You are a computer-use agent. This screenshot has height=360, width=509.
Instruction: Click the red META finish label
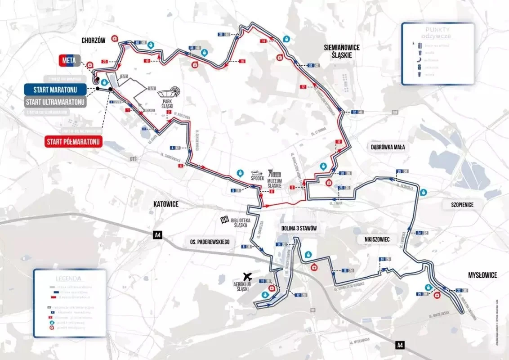[69, 60]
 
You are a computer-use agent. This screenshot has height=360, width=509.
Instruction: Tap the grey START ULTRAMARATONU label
[56, 102]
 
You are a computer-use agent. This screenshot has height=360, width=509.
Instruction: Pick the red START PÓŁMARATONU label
[74, 142]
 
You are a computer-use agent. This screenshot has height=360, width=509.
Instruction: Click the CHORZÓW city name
[94, 40]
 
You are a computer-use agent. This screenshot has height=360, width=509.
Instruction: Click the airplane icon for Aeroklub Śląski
[247, 275]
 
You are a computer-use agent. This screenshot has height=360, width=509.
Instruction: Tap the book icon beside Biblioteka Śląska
[224, 220]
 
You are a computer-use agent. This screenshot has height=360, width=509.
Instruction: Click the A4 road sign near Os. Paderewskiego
[157, 234]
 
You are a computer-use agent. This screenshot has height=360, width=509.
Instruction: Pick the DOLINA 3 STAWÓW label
[299, 229]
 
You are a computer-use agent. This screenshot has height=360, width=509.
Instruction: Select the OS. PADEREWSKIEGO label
[208, 242]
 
